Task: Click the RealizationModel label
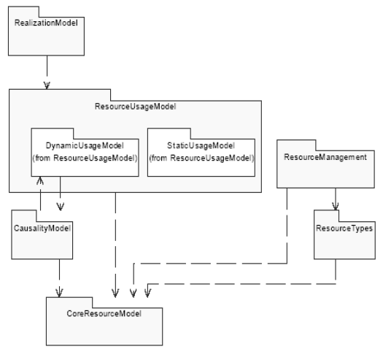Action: [x=46, y=23]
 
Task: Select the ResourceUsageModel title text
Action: [x=135, y=107]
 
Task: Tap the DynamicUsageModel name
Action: [x=85, y=145]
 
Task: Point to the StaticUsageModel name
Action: [x=201, y=145]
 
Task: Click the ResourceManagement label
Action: [x=325, y=157]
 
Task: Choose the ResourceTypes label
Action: [x=344, y=228]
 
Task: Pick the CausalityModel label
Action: [x=42, y=228]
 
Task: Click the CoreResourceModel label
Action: [x=104, y=313]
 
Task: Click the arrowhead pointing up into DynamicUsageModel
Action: [x=40, y=180]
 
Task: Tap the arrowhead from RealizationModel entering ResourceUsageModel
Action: [x=47, y=85]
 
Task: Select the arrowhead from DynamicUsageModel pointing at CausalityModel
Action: [x=61, y=207]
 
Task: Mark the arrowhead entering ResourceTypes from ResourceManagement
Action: [x=336, y=207]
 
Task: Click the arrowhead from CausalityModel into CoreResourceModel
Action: [x=59, y=293]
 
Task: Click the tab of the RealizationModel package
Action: [x=23, y=12]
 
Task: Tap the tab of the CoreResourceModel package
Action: [x=69, y=303]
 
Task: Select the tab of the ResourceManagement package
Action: [x=296, y=145]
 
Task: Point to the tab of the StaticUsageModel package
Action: [x=169, y=134]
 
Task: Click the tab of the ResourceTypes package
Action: [x=326, y=216]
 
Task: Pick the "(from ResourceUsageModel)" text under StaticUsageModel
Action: [x=201, y=158]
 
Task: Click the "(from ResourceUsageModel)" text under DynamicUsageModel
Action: [x=85, y=158]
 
